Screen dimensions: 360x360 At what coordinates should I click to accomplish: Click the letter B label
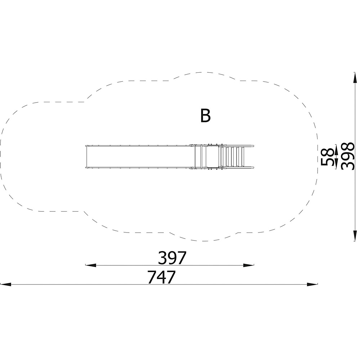point(205,116)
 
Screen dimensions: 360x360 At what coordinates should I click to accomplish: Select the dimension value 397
point(172,258)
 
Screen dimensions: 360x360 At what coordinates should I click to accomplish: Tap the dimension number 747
point(161,277)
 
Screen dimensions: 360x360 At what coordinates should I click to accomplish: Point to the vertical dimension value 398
point(348,156)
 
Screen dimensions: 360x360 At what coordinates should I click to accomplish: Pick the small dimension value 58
point(327,157)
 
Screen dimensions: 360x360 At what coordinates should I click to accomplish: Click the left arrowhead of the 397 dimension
point(91,265)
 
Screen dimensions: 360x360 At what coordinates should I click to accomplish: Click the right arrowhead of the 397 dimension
point(249,265)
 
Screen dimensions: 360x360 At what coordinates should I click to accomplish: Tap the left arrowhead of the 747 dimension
point(6,284)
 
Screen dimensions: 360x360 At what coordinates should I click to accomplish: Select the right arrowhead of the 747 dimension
point(312,284)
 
